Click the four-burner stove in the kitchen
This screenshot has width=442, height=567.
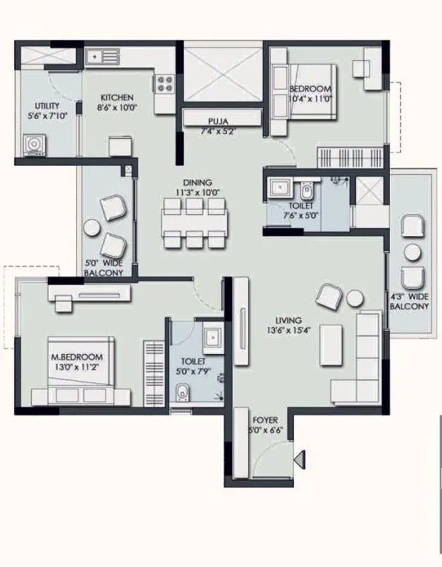pyautogui.click(x=165, y=84)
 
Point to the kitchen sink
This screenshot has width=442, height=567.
pyautogui.click(x=102, y=54)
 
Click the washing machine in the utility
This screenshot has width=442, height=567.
pyautogui.click(x=32, y=145)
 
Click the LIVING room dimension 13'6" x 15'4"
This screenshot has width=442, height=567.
pyautogui.click(x=289, y=329)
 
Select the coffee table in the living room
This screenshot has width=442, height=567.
pyautogui.click(x=330, y=346)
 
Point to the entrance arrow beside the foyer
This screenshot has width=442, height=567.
pyautogui.click(x=300, y=461)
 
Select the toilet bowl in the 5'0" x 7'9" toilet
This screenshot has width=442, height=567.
pyautogui.click(x=183, y=391)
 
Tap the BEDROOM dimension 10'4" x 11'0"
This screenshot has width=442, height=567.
pyautogui.click(x=310, y=99)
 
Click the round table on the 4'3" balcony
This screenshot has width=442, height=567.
pyautogui.click(x=412, y=252)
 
